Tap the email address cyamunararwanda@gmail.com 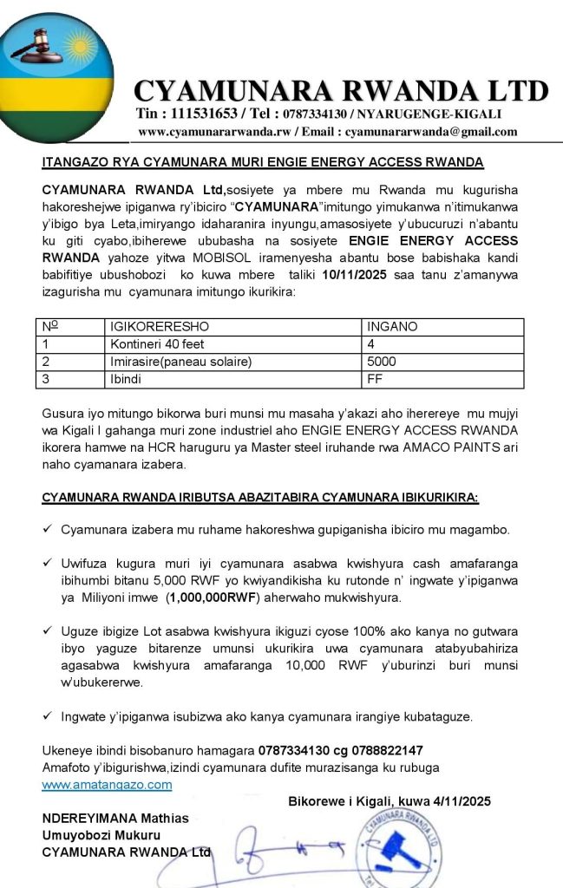pyautogui.click(x=431, y=132)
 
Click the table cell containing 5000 pyautogui.click(x=383, y=361)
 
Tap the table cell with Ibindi pyautogui.click(x=125, y=378)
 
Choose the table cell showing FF pyautogui.click(x=375, y=378)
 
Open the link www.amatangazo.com pyautogui.click(x=107, y=784)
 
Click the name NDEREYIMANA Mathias pyautogui.click(x=115, y=819)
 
